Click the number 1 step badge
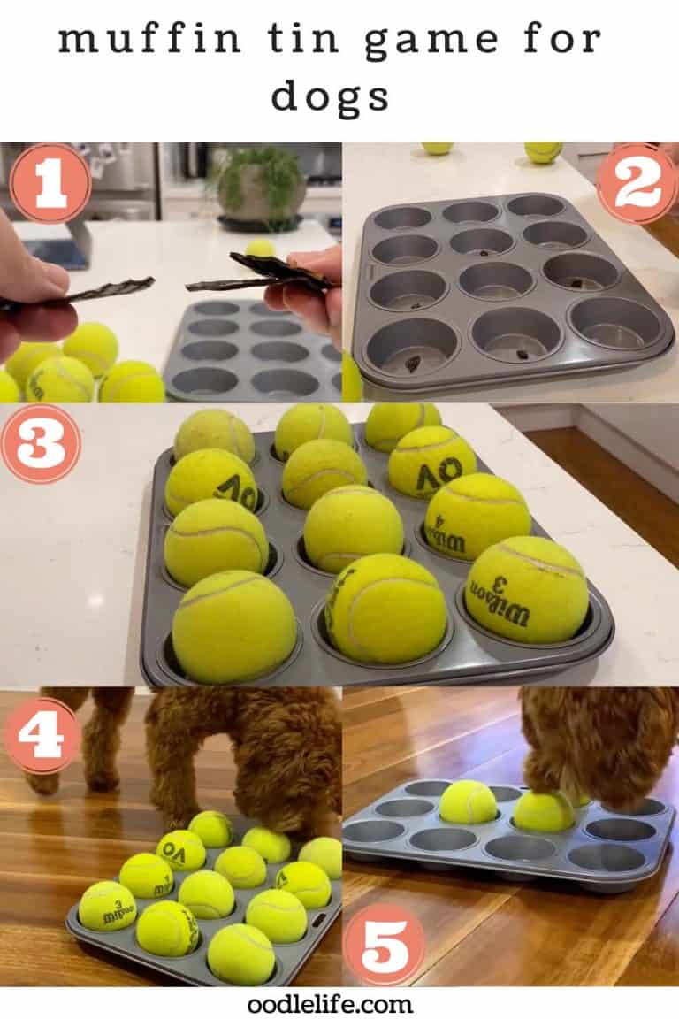coord(50,183)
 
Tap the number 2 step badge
coord(636,182)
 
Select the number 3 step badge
coord(40,443)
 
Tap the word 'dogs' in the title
coord(330,96)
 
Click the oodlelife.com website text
coord(330,1004)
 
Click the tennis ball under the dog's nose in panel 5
coord(544,811)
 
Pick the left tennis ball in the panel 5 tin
coord(469,801)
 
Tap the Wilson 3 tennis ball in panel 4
coord(107,905)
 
